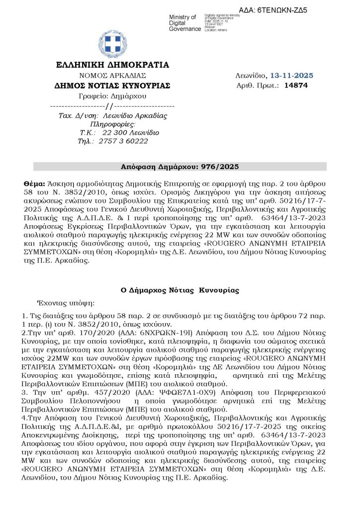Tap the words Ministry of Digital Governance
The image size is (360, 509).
[185, 23]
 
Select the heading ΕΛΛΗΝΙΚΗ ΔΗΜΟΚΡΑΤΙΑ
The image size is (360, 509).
[112, 65]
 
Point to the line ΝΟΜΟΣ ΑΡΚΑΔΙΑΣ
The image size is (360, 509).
[112, 75]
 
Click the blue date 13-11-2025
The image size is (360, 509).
[291, 76]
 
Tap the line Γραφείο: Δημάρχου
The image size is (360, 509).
[112, 95]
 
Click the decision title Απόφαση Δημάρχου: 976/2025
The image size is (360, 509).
[180, 166]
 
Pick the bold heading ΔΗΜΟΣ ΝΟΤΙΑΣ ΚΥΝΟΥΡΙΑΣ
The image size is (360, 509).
[112, 85]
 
